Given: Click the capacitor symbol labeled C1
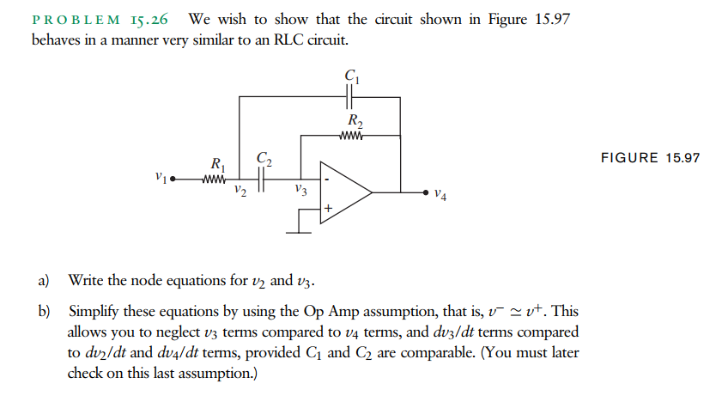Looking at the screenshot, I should coord(351,97).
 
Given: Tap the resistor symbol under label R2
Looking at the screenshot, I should coord(352,135).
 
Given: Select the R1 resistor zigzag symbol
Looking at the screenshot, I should coord(215,180).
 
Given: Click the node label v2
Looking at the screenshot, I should coord(241,192).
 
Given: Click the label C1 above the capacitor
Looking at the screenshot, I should coord(351,76).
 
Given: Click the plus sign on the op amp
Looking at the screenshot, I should coord(328,207).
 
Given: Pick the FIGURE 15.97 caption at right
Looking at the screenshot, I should coord(650,158).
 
